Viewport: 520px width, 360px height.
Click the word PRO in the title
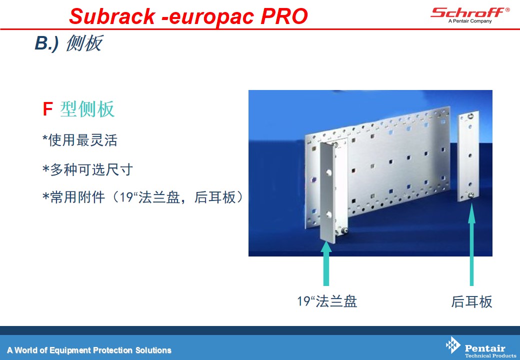[x=284, y=16]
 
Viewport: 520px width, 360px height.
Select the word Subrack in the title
[x=112, y=16]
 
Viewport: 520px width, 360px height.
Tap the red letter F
[x=48, y=108]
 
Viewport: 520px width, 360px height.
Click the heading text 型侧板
[x=87, y=108]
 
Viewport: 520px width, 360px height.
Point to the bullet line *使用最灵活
[x=80, y=140]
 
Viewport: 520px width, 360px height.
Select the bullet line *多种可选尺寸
[x=87, y=169]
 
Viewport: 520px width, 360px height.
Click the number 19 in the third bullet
[x=126, y=197]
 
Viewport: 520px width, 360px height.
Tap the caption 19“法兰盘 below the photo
[x=327, y=301]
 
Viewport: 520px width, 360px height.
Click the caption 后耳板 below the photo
[x=471, y=301]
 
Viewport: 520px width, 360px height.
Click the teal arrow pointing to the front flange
[x=326, y=263]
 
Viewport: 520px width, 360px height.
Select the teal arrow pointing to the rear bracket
[x=471, y=244]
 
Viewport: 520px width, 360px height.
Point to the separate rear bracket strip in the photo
[x=468, y=156]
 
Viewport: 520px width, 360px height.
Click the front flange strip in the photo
[x=328, y=193]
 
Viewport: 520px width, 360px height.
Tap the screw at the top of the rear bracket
[x=470, y=116]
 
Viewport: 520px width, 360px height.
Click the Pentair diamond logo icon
[x=453, y=345]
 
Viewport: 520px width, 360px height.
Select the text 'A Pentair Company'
[x=470, y=21]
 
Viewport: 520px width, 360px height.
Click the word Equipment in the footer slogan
[x=70, y=350]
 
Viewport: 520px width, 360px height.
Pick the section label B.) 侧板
[x=68, y=43]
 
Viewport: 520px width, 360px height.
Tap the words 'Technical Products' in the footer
[x=490, y=355]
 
